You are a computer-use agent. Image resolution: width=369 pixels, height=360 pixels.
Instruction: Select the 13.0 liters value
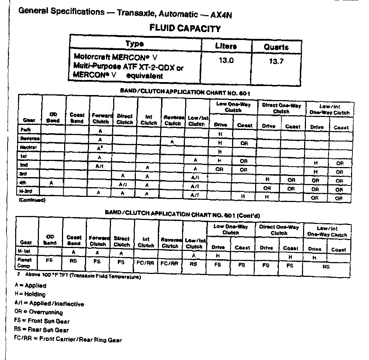(x=226, y=60)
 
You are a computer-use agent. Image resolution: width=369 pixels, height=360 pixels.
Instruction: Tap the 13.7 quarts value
(x=276, y=61)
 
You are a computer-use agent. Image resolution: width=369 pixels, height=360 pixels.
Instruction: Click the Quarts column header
(x=276, y=47)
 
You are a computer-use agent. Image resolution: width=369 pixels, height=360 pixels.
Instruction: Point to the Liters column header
(x=226, y=46)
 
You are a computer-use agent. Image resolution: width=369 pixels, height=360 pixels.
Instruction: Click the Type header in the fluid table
(x=134, y=44)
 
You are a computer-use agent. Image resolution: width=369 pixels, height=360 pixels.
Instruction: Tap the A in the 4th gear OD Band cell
(x=52, y=183)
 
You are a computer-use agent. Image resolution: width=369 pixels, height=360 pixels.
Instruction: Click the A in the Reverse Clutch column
(x=172, y=142)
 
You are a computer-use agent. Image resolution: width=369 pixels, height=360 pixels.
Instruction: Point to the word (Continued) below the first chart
(x=32, y=200)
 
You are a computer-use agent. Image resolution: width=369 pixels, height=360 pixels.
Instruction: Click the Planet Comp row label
(x=25, y=262)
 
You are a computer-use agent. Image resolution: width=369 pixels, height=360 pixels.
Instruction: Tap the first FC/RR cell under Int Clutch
(x=146, y=263)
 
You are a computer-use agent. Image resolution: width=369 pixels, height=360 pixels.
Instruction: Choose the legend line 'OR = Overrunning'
(x=39, y=312)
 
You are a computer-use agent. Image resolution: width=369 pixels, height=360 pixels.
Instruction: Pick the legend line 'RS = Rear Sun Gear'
(x=41, y=330)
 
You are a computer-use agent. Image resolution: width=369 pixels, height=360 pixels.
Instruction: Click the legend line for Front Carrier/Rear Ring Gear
(x=68, y=339)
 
